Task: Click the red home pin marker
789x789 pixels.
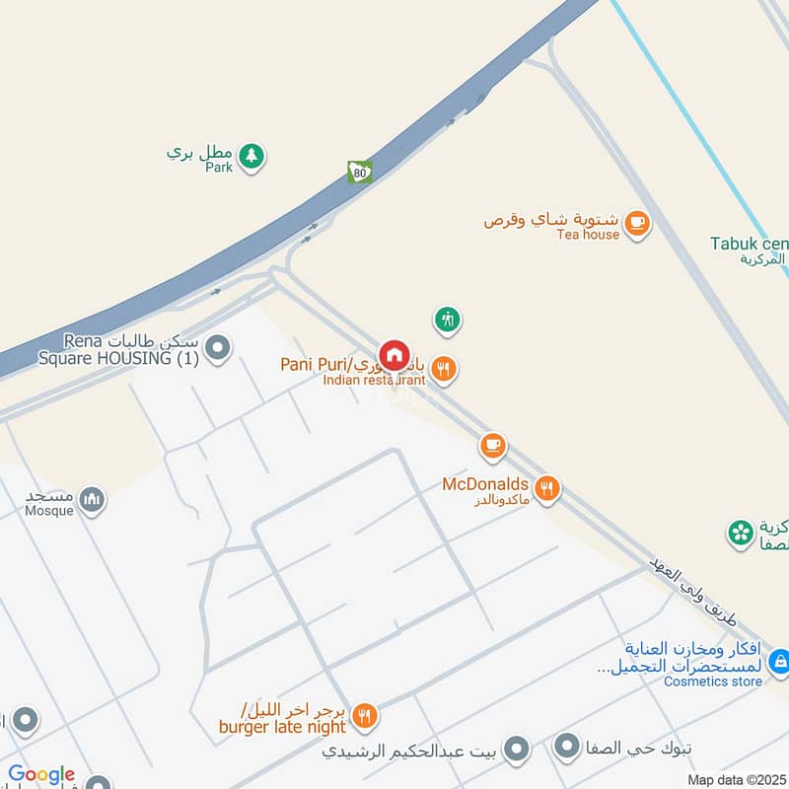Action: [394, 355]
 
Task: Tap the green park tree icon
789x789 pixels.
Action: [251, 155]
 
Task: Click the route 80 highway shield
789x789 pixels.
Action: [359, 172]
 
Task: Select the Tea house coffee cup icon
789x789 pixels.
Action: [637, 223]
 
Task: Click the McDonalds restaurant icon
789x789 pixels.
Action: [548, 486]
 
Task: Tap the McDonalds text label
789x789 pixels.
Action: [485, 484]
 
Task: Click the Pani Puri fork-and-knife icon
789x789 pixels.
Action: [445, 369]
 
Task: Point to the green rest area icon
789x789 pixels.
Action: [448, 319]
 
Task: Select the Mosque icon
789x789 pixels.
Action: [93, 500]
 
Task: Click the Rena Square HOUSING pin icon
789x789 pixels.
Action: [218, 347]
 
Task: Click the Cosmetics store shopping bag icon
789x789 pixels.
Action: [779, 661]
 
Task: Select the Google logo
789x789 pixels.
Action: [41, 775]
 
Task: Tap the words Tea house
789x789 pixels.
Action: [588, 235]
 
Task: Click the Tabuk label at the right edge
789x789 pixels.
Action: [750, 244]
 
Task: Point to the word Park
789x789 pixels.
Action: [219, 168]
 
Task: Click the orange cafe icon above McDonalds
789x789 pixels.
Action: [492, 446]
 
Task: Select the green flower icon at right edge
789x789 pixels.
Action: [740, 534]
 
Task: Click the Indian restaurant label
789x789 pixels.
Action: [374, 380]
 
